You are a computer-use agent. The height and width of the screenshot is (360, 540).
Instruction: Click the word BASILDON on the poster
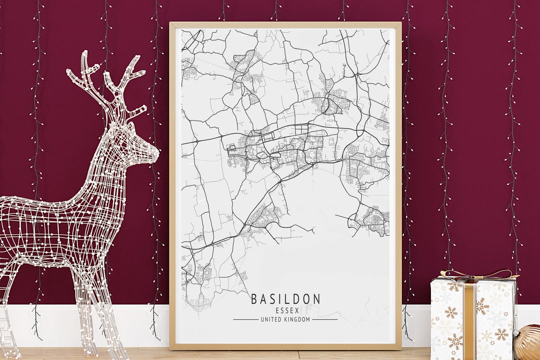pos(285,299)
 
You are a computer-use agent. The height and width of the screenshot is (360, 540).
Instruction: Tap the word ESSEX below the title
pos(285,310)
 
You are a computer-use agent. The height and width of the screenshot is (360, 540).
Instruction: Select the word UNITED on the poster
pos(270,319)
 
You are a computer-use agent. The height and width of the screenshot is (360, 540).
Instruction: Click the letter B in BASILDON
pos(254,299)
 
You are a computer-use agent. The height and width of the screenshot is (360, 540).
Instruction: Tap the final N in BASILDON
pos(316,299)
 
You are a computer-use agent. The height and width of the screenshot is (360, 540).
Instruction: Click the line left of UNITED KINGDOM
pos(245,319)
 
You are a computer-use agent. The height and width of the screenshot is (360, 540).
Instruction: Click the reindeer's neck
pos(112,160)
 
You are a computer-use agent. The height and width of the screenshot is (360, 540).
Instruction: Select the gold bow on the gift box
pos(475,275)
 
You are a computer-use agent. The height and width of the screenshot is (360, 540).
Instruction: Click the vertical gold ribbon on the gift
pos(469,320)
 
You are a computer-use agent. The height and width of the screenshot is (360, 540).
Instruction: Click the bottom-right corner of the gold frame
pos(400,348)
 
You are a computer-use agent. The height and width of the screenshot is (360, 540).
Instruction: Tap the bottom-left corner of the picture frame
pos(171,348)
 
